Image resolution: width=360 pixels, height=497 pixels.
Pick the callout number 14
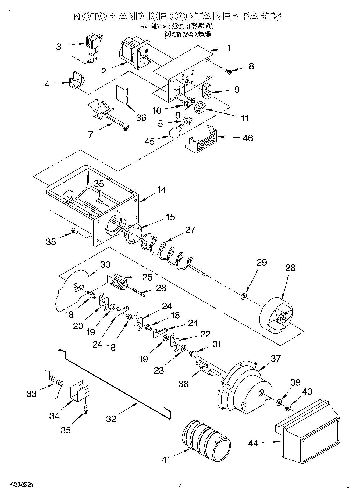click(x=162, y=190)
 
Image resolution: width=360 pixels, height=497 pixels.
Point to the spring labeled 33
click(x=57, y=381)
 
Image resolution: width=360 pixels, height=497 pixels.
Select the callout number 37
click(x=276, y=358)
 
